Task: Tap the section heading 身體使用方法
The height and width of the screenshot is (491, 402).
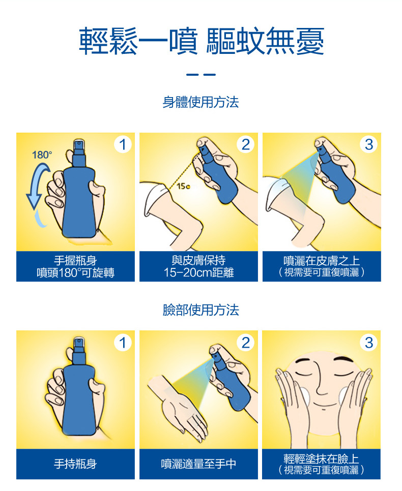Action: pos(200,102)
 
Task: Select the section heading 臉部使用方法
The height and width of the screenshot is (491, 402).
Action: pos(200,310)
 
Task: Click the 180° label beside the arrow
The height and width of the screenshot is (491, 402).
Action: pos(42,155)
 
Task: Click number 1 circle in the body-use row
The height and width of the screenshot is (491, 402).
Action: pos(122,144)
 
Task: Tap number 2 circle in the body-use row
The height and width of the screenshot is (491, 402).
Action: pos(245,144)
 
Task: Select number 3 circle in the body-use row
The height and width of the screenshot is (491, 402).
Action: pos(368,144)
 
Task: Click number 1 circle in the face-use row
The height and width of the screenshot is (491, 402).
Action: pos(122,342)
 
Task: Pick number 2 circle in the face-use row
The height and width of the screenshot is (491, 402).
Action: pos(245,342)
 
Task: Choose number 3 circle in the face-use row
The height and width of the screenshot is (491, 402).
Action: pos(368,342)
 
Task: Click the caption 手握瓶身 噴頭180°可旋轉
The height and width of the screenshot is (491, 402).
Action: pos(75,267)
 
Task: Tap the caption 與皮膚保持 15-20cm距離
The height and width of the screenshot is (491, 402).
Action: pos(198,267)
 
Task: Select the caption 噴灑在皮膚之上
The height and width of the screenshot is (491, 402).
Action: pos(321,261)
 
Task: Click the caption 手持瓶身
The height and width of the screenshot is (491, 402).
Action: pos(75,464)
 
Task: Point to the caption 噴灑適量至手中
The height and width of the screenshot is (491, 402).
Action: pos(198,464)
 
